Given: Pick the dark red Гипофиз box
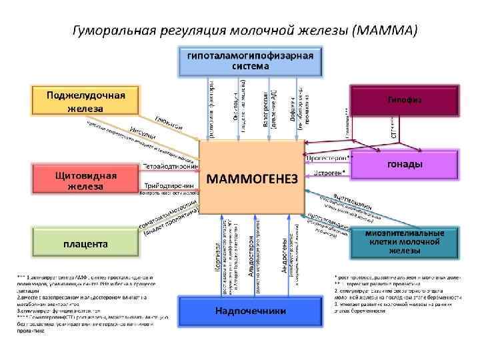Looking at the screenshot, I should pos(405,100).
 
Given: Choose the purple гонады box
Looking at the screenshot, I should pos(405,165).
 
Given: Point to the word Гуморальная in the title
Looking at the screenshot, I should pos(113,31).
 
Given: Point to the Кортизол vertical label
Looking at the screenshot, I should pos(218,264).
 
